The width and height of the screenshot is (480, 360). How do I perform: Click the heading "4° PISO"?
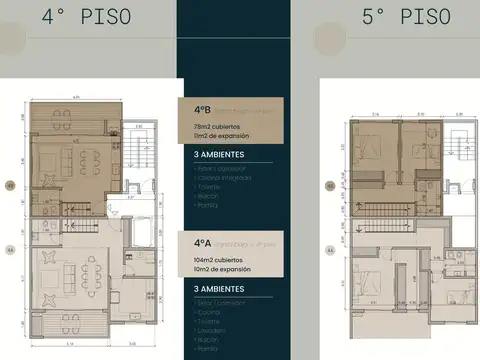pyautogui.click(x=78, y=17)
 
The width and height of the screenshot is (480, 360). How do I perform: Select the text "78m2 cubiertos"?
pyautogui.click(x=214, y=126)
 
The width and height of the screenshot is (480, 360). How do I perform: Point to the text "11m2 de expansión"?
pyautogui.click(x=218, y=135)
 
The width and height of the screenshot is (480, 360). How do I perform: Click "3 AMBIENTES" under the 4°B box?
pyautogui.click(x=218, y=157)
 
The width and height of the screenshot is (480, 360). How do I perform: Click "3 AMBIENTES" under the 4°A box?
pyautogui.click(x=218, y=289)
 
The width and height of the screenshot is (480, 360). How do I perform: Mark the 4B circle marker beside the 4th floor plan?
pyautogui.click(x=11, y=185)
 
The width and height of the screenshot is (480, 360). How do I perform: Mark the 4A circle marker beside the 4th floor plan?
pyautogui.click(x=11, y=249)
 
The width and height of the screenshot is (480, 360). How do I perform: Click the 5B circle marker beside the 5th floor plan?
pyautogui.click(x=329, y=185)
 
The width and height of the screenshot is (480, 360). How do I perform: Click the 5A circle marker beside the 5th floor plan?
pyautogui.click(x=329, y=249)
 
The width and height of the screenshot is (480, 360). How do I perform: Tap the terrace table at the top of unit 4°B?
pyautogui.click(x=62, y=115)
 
